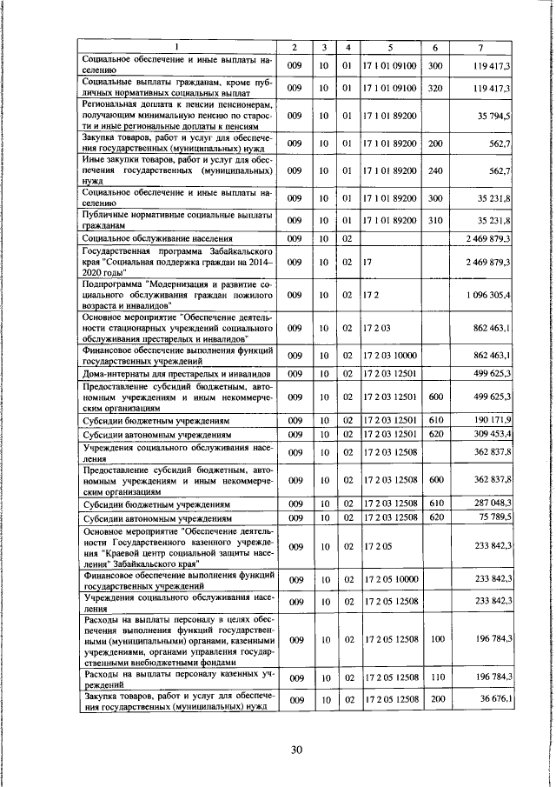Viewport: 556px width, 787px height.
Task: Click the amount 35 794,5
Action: click(492, 115)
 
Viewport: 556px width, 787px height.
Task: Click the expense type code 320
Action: click(436, 88)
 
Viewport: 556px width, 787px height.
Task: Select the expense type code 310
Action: click(436, 221)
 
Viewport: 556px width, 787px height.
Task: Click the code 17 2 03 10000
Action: click(391, 355)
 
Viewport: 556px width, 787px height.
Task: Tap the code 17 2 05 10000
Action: click(391, 578)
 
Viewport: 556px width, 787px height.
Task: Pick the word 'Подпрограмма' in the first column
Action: click(111, 283)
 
